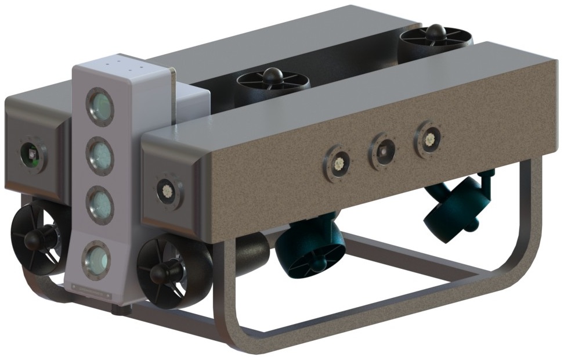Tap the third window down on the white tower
(100, 204)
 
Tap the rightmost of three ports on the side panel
(429, 139)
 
